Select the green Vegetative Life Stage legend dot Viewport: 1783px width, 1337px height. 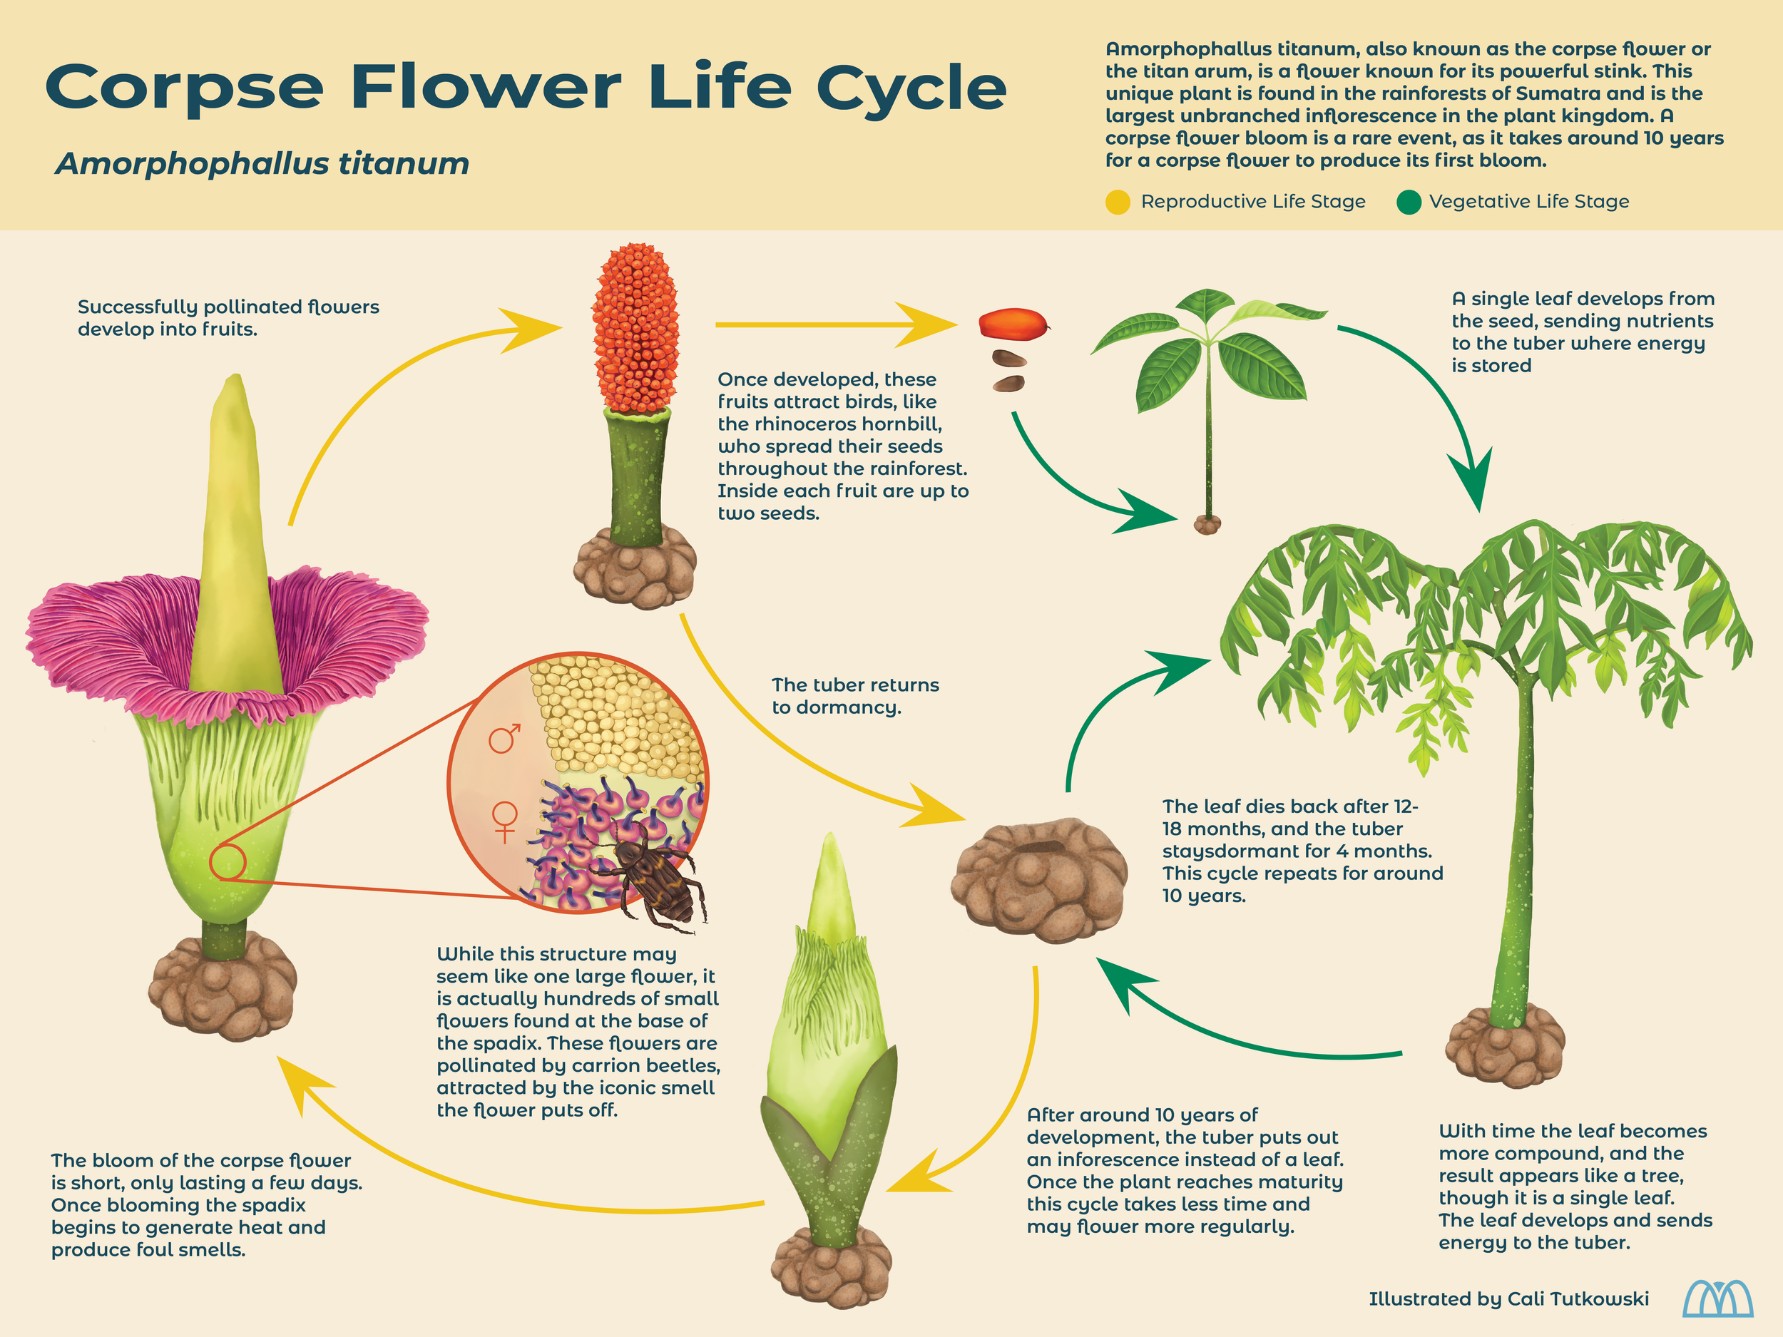(1408, 203)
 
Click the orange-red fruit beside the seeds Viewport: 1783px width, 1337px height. (1013, 324)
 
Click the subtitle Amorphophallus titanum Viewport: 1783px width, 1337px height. (262, 163)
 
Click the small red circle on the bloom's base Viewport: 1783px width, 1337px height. (228, 862)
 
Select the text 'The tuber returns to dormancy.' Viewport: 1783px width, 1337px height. (854, 695)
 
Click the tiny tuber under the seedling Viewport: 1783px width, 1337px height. (1207, 525)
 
